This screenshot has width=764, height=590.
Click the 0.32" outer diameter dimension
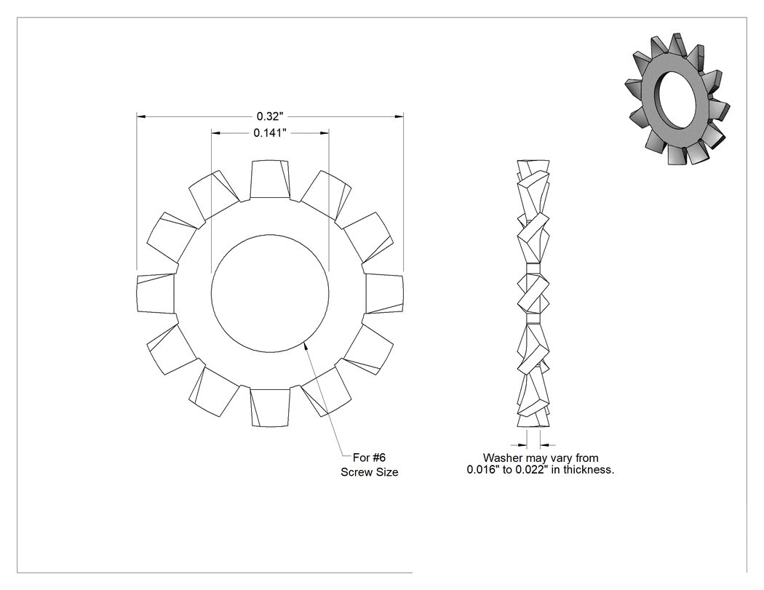(x=269, y=116)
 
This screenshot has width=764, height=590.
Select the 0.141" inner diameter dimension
(x=269, y=133)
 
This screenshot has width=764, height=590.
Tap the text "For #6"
(x=369, y=458)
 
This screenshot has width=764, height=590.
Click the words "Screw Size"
(x=370, y=472)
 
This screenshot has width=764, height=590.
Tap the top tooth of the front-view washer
(x=270, y=179)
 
